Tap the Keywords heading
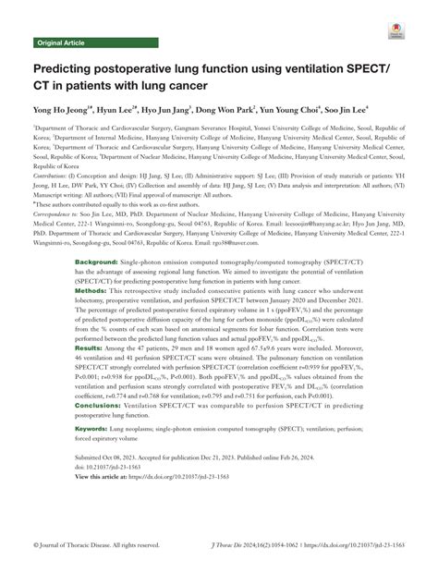(x=93, y=430)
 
